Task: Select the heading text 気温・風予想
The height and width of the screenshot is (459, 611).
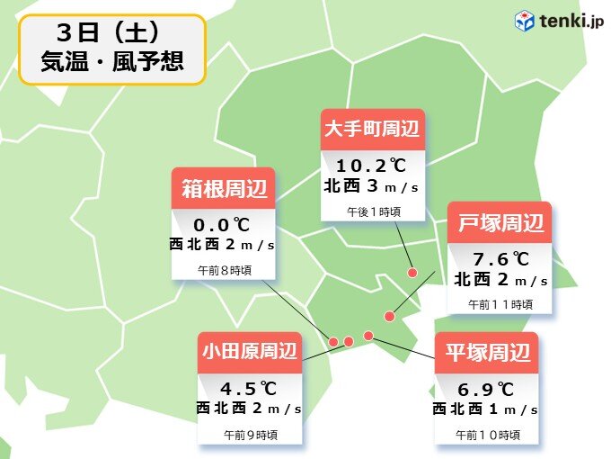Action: (111, 64)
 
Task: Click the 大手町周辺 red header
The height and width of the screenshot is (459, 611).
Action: (372, 130)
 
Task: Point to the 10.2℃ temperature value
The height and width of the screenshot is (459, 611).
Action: (372, 166)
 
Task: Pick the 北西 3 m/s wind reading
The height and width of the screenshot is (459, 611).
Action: (372, 186)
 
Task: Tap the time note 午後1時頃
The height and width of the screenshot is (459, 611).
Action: (373, 211)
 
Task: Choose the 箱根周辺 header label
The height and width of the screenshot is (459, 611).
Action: (224, 188)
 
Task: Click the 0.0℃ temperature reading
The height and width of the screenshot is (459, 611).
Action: (224, 224)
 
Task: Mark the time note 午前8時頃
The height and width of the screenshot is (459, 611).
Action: (224, 270)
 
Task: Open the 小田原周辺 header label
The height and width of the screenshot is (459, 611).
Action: (249, 352)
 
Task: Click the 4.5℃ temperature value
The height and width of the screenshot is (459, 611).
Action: (249, 388)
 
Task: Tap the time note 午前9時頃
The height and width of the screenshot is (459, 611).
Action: (250, 434)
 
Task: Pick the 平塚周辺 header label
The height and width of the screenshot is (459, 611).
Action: (486, 353)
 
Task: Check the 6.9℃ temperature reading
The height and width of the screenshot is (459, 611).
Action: (486, 389)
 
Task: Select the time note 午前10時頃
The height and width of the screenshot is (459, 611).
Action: (486, 434)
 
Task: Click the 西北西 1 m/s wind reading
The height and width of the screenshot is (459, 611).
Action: (486, 409)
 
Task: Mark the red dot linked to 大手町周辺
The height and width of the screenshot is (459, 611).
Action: (412, 273)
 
